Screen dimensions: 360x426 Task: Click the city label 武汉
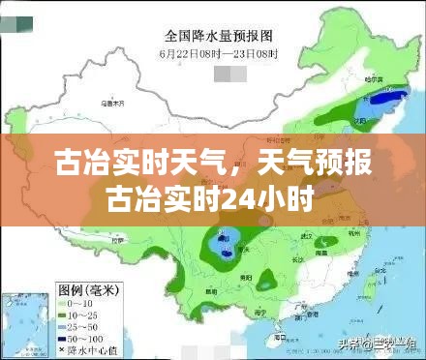[x=310, y=235]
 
